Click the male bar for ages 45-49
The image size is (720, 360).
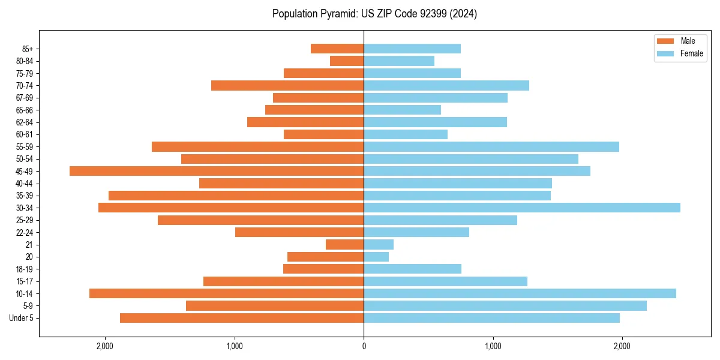point(217,171)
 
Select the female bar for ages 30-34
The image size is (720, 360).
point(522,208)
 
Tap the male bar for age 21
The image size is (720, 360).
point(344,244)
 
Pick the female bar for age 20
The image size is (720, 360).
point(376,257)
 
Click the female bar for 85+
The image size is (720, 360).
point(412,49)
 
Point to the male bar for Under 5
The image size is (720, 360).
point(242,318)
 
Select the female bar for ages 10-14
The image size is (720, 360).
point(520,293)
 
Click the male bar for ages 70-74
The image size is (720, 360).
point(287,85)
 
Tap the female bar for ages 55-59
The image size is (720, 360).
point(491,146)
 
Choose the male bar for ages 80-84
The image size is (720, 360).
point(347,61)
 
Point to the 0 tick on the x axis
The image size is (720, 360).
point(364,346)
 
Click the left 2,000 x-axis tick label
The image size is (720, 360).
point(105,346)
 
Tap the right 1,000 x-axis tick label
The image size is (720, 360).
point(493,346)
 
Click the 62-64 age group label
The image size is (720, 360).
point(25,122)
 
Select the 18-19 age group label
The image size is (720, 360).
point(25,269)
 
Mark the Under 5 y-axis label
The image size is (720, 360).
point(22,318)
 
